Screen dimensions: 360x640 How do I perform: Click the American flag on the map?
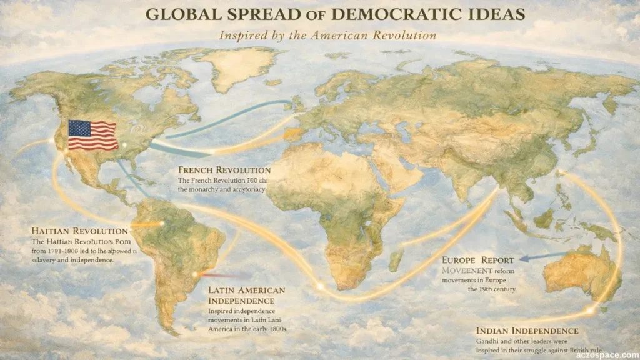coord(92,135)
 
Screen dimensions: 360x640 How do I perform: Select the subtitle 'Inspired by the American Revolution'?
coord(327,36)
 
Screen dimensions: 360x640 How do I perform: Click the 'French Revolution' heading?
coord(224,170)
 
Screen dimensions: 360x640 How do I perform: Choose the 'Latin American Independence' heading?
coord(246,295)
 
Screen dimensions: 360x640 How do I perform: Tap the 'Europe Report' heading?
coord(478,260)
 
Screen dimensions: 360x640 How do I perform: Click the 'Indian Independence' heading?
coord(527,331)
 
